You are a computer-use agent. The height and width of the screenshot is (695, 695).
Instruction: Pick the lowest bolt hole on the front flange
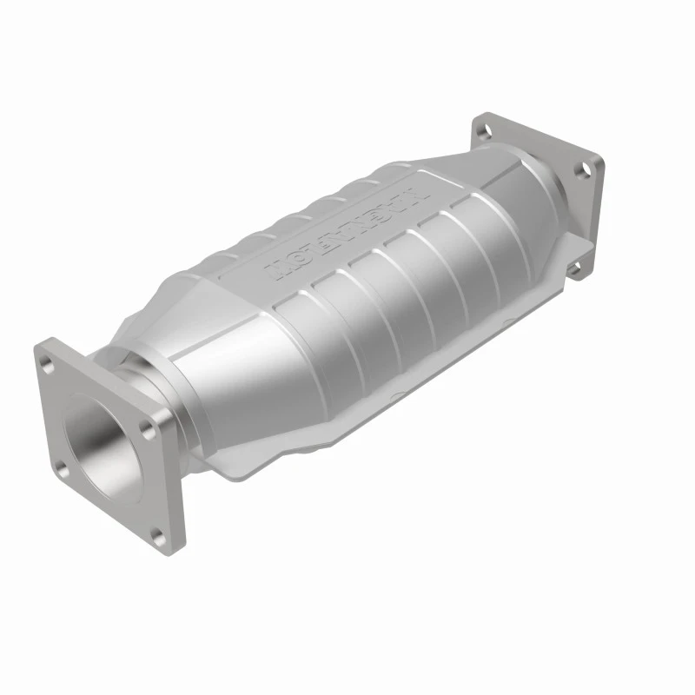click(x=157, y=533)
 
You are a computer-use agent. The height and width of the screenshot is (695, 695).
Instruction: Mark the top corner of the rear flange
click(x=479, y=116)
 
